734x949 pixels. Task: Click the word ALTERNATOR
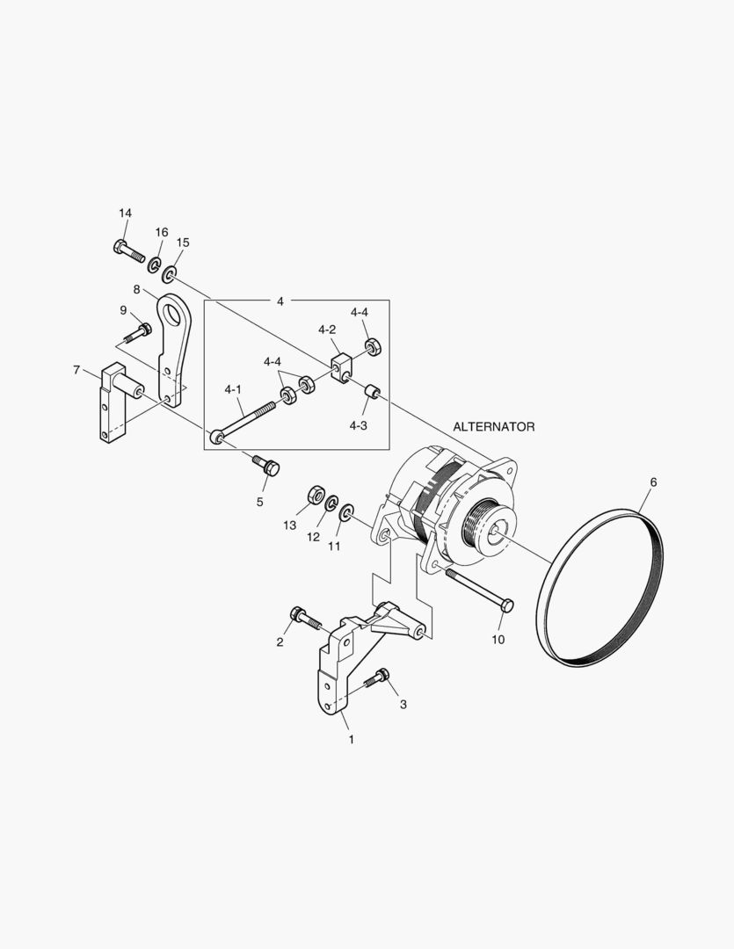(493, 427)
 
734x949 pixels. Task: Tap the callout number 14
(126, 213)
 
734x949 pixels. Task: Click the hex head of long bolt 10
(508, 605)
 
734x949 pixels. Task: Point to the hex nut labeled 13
(315, 495)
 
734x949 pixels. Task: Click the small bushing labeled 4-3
(371, 391)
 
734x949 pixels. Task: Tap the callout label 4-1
(233, 390)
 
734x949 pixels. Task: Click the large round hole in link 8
(176, 313)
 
